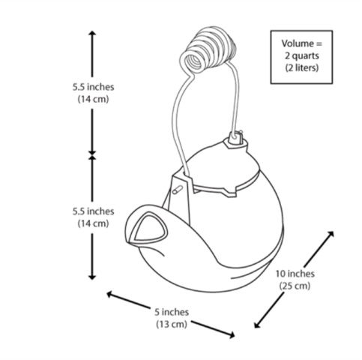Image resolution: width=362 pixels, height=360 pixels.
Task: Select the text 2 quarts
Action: [302, 55]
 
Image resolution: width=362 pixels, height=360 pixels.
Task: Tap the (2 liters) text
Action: [302, 67]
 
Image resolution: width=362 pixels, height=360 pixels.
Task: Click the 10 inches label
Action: [295, 274]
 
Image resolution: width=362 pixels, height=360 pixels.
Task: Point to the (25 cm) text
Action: [295, 286]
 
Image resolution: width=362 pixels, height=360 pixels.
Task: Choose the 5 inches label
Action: [172, 312]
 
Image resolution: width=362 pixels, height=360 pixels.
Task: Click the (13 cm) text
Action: [172, 324]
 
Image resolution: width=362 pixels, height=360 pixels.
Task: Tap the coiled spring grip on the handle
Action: [208, 50]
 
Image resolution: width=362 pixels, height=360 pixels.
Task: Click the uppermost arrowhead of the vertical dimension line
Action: [92, 33]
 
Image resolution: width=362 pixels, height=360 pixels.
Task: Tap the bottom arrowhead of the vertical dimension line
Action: [92, 277]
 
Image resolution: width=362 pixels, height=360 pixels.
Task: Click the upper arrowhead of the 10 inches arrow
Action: [331, 234]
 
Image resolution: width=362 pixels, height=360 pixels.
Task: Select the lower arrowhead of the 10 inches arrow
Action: [257, 325]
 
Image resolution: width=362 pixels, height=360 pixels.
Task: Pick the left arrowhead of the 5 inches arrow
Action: [109, 294]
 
